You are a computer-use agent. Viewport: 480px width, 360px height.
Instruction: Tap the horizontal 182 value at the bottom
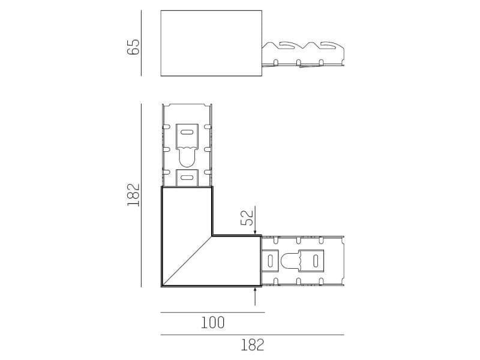[252, 345]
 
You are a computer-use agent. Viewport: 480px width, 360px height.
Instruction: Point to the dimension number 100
[212, 323]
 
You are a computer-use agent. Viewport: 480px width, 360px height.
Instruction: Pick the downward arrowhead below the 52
[256, 232]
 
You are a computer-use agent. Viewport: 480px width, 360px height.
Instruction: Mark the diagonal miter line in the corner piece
[187, 261]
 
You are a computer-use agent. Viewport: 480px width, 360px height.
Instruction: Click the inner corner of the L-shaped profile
[212, 235]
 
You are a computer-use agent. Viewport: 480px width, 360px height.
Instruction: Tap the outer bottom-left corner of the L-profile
[162, 286]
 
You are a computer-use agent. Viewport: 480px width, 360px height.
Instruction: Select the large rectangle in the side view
[211, 43]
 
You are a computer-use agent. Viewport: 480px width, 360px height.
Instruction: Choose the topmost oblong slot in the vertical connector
[187, 132]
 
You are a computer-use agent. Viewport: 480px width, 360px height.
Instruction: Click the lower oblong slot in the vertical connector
[187, 177]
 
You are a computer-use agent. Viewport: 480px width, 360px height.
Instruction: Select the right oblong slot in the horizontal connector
[313, 261]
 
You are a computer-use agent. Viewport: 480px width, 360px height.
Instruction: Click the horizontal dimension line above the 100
[212, 313]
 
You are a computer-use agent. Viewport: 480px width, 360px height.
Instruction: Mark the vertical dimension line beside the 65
[142, 43]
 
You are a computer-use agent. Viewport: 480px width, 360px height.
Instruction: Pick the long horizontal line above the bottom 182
[252, 334]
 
